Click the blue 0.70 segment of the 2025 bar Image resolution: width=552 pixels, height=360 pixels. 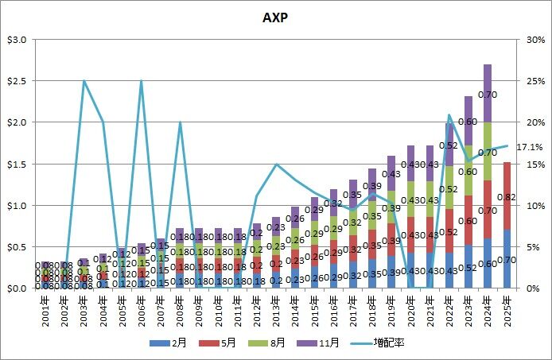click(507, 259)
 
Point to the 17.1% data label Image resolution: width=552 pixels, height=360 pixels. click(530, 147)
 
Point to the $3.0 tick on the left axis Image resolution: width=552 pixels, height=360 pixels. click(18, 40)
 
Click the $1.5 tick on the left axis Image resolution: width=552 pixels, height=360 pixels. click(18, 164)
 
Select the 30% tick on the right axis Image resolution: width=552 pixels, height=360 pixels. click(533, 40)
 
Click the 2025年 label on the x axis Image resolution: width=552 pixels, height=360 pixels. click(507, 305)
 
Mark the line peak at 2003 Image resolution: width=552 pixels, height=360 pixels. click(84, 81)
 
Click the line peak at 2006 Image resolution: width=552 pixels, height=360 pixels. click(141, 81)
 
